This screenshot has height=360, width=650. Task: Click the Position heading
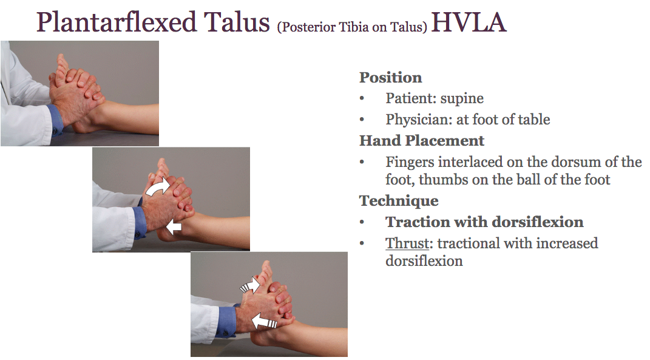click(390, 78)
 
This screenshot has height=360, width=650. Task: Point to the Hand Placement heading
click(421, 141)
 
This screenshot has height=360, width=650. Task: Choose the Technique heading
click(398, 201)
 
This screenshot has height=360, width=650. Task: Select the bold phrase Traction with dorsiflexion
click(484, 222)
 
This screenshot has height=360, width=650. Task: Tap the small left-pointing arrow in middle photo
click(174, 227)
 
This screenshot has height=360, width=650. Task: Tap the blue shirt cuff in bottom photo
click(226, 320)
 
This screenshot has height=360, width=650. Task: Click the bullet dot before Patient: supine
click(362, 99)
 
